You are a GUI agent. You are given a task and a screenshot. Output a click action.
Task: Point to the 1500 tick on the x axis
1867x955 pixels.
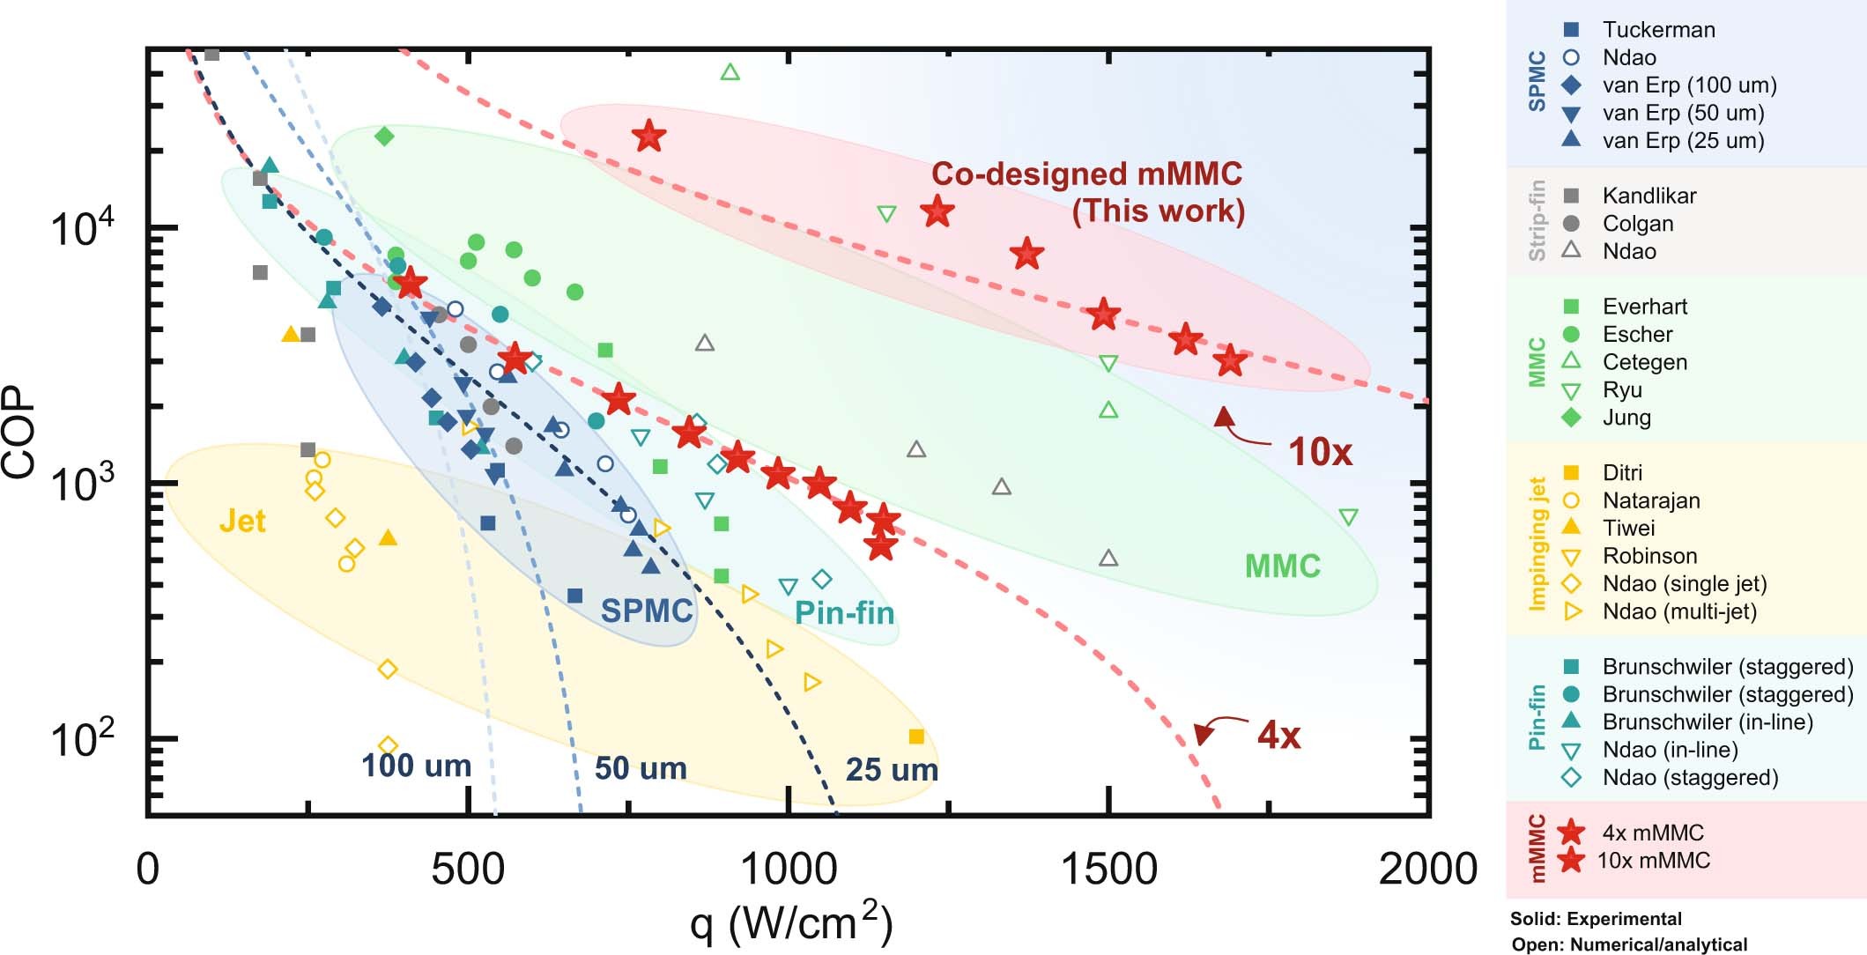(1108, 870)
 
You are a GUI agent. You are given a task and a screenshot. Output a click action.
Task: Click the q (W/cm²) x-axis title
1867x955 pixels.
(790, 922)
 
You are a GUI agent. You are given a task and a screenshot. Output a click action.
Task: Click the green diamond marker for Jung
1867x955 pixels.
(384, 137)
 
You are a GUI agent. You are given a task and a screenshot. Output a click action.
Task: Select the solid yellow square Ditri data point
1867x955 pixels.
(916, 737)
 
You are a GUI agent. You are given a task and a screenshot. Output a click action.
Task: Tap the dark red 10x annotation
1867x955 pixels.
(1319, 452)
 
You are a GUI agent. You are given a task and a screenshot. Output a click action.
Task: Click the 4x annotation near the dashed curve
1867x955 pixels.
(1278, 735)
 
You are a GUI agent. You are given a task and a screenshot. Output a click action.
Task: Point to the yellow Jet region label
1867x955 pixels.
(242, 522)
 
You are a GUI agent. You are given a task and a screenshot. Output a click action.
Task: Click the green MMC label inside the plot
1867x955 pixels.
(1282, 566)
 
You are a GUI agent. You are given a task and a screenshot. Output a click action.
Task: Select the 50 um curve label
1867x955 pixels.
(641, 768)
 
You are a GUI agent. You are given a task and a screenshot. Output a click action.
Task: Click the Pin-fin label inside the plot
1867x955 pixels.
(844, 613)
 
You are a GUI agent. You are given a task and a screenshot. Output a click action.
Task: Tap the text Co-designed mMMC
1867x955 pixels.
(1086, 174)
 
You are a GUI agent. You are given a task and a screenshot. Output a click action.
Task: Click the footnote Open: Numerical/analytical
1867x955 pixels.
(1629, 944)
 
